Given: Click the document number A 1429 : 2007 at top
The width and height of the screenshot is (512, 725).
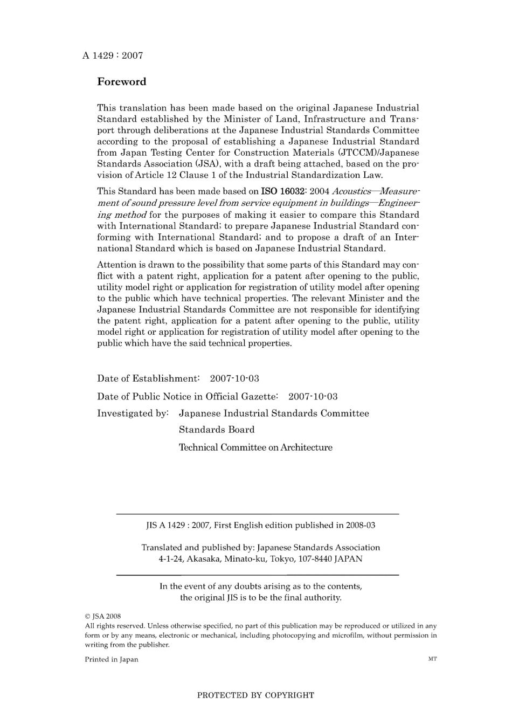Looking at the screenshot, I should pyautogui.click(x=113, y=56).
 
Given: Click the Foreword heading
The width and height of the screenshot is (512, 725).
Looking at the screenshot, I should pyautogui.click(x=121, y=82).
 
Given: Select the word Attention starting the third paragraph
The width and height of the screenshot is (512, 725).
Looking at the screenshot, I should pyautogui.click(x=117, y=265).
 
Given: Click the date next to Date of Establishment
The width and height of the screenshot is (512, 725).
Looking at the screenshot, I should pyautogui.click(x=234, y=378).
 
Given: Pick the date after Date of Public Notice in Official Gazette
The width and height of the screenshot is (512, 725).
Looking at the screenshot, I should pyautogui.click(x=313, y=397).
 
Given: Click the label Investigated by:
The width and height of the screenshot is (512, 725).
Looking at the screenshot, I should pyautogui.click(x=133, y=413).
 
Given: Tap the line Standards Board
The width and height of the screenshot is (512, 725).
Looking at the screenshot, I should pyautogui.click(x=217, y=430).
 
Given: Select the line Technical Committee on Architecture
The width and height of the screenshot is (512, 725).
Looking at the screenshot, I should pyautogui.click(x=255, y=447).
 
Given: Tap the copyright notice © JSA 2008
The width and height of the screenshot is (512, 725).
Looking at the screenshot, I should pyautogui.click(x=103, y=616).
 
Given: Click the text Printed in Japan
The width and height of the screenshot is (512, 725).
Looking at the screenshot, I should pyautogui.click(x=112, y=659).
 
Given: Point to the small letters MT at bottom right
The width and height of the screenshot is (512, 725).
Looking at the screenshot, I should pyautogui.click(x=432, y=659).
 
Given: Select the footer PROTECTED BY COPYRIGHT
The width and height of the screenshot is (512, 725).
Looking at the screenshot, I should pyautogui.click(x=255, y=695).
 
